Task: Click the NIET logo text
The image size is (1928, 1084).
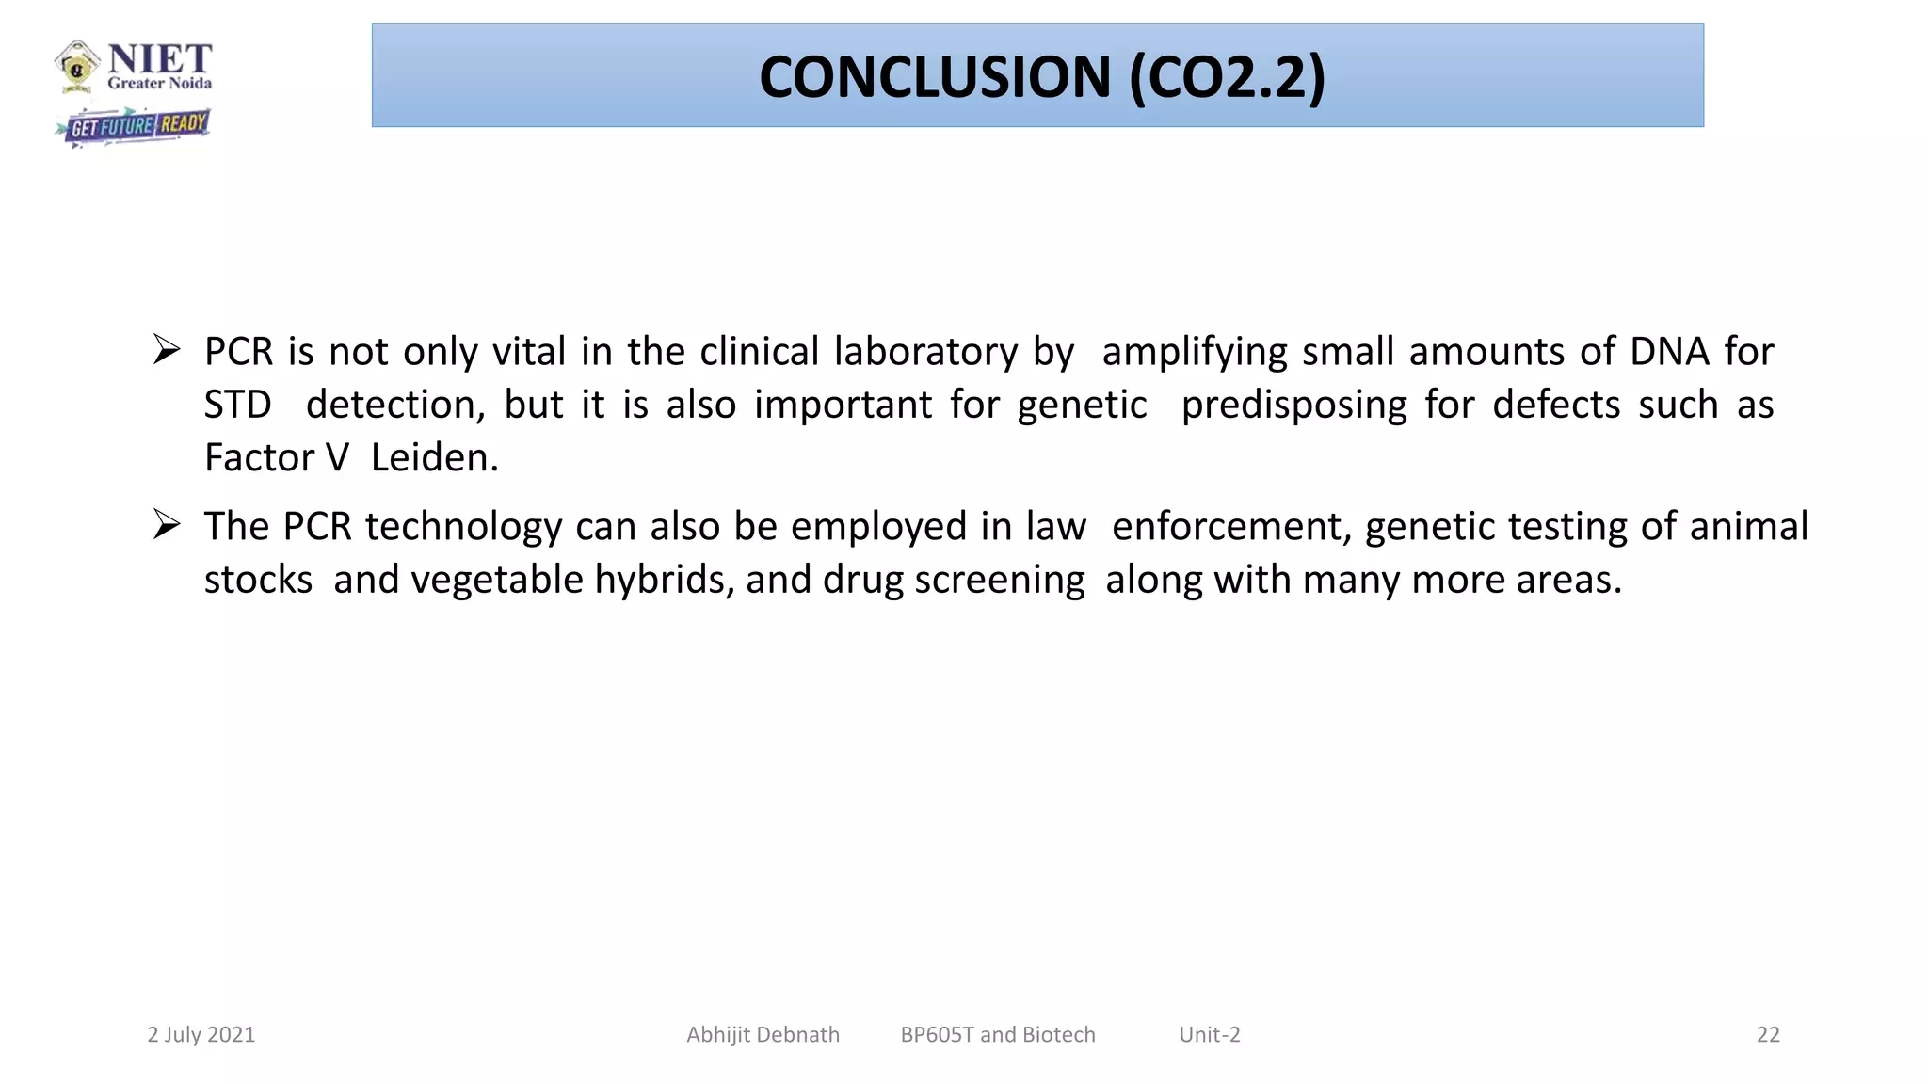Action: tap(159, 60)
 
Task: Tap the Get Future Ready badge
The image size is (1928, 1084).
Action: tap(133, 125)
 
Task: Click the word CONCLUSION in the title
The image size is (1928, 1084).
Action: tap(935, 77)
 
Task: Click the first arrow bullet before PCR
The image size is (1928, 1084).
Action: tap(167, 350)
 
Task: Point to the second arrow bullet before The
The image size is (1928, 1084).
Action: tap(167, 525)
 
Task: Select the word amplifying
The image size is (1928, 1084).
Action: tap(1194, 352)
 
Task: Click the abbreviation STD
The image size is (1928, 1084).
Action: tap(237, 405)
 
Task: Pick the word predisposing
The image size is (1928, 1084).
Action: tap(1293, 405)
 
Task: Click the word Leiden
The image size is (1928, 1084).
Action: tap(434, 457)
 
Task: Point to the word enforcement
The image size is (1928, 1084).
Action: tap(1230, 527)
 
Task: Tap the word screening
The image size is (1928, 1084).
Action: tap(1000, 580)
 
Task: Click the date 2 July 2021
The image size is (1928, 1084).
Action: tap(201, 1035)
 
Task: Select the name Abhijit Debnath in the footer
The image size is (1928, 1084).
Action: tap(763, 1035)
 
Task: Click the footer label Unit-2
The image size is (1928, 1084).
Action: tap(1210, 1035)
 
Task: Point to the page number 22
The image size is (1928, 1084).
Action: tap(1768, 1035)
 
